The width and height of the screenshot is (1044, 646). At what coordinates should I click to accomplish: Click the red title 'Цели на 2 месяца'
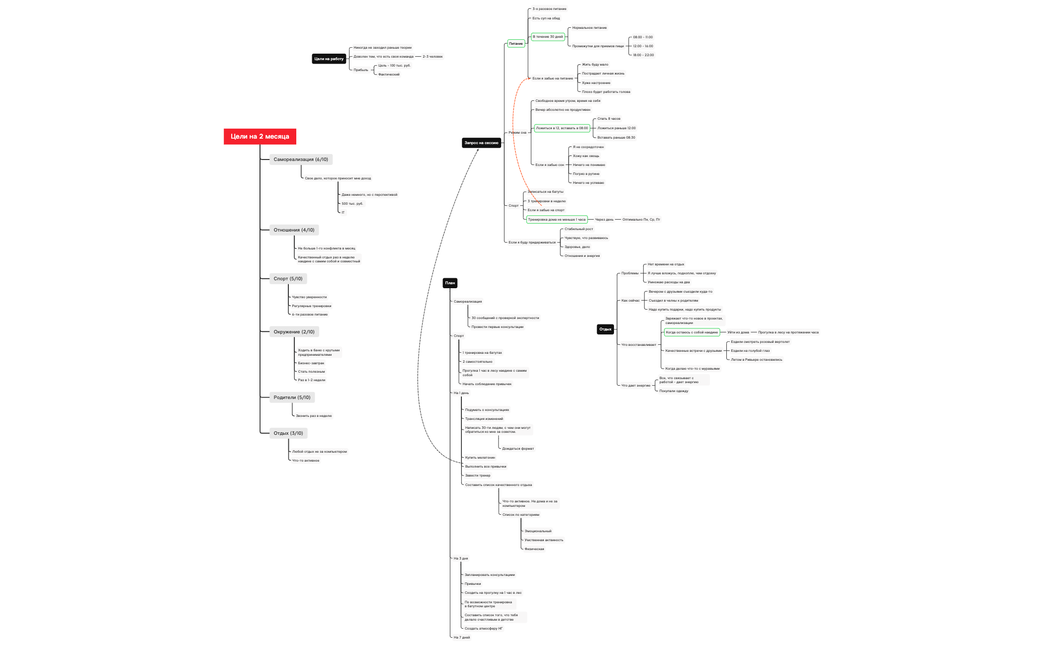260,136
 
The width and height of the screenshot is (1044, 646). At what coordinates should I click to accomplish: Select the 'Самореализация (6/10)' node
300,160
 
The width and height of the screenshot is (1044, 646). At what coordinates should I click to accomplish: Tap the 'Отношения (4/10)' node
293,230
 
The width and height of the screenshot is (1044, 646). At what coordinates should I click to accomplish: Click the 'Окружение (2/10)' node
293,332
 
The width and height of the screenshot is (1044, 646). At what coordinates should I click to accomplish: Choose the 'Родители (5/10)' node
291,398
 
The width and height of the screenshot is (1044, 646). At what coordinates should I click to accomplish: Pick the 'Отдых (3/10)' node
288,433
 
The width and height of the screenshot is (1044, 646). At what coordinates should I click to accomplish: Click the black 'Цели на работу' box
329,59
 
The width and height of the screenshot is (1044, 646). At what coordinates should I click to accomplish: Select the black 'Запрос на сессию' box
481,143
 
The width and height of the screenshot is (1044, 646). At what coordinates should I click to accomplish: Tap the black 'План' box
449,283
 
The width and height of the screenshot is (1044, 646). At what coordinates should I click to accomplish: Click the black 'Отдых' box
605,329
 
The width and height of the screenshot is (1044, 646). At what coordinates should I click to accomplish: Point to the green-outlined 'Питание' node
516,44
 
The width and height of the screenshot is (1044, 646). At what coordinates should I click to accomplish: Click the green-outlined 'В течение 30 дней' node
547,37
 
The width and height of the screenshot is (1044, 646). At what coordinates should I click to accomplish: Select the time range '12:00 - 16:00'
642,46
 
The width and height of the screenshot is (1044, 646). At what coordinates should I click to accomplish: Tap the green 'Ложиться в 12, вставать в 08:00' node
561,128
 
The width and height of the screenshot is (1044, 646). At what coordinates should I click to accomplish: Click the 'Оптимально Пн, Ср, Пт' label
641,220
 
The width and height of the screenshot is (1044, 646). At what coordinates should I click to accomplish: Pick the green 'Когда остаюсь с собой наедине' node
691,332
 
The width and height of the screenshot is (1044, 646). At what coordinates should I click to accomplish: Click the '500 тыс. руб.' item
352,204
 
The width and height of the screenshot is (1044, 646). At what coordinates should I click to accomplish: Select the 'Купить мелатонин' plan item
480,458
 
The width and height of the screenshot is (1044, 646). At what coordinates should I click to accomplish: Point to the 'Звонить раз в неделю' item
313,416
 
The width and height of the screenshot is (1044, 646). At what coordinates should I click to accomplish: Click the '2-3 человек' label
432,57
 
